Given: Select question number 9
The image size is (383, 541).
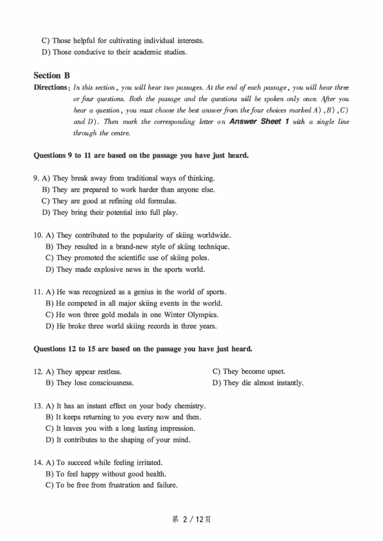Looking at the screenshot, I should pyautogui.click(x=36, y=178).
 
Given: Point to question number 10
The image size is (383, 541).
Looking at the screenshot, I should pyautogui.click(x=38, y=236).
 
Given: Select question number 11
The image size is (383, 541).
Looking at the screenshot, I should pyautogui.click(x=38, y=292).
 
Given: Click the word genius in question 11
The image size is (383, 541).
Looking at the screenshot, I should pyautogui.click(x=144, y=292).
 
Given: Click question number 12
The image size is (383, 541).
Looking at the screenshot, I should pyautogui.click(x=38, y=372).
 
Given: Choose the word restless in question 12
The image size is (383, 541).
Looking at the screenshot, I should pyautogui.click(x=110, y=372).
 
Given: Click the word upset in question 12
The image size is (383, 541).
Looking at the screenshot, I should pyautogui.click(x=276, y=372).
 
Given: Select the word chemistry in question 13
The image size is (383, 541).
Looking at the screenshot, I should pyautogui.click(x=189, y=406).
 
